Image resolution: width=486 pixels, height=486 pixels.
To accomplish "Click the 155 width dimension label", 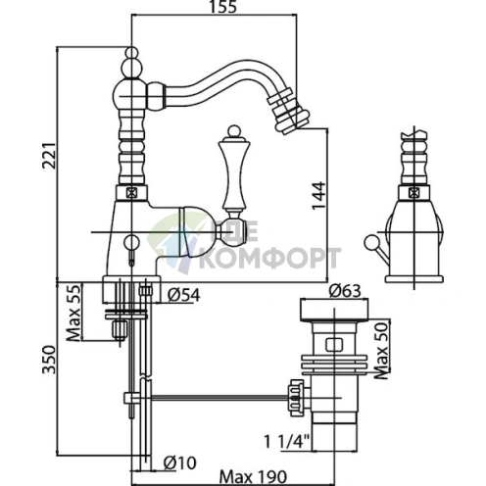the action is click(x=222, y=7).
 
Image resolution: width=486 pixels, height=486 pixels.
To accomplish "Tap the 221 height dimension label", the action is click(x=50, y=155).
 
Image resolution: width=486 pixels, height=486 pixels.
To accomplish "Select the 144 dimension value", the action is click(x=318, y=196).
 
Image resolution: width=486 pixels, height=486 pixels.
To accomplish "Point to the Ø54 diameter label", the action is click(x=183, y=295).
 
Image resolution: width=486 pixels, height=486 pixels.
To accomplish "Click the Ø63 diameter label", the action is click(x=345, y=290).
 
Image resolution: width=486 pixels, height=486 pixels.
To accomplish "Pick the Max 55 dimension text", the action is click(x=73, y=313).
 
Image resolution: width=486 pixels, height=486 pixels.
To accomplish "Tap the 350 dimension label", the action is click(x=50, y=360).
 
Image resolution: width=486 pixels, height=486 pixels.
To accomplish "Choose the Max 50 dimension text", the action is click(x=381, y=351).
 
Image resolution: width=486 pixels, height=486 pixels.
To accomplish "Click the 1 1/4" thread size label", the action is click(x=286, y=442).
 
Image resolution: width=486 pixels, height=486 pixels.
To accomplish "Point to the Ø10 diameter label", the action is click(x=180, y=462).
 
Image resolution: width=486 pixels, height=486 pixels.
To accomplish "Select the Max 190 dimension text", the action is click(x=253, y=477).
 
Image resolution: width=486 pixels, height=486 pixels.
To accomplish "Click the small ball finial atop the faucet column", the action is click(x=132, y=52).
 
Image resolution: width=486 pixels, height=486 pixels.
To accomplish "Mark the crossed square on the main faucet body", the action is click(x=131, y=193).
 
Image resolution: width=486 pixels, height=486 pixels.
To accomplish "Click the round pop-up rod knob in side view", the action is click(x=370, y=242).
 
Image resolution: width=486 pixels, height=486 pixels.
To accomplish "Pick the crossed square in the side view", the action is click(x=413, y=193).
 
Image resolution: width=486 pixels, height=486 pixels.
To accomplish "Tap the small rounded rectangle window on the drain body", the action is click(x=334, y=345).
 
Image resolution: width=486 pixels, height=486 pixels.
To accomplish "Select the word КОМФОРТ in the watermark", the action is click(x=269, y=258).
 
